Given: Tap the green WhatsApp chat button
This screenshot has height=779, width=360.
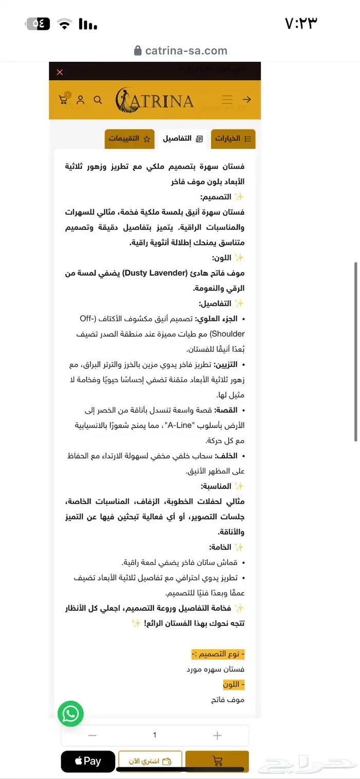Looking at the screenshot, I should click(x=70, y=714).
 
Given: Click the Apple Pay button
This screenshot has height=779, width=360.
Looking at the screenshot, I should click(x=88, y=762).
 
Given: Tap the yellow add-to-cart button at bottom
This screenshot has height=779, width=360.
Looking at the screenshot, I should click(x=217, y=762).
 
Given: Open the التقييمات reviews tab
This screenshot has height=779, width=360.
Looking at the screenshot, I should click(x=129, y=139).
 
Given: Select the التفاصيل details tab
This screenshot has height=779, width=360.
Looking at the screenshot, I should click(x=183, y=139).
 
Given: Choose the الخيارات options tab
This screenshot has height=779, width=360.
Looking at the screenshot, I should click(x=233, y=139).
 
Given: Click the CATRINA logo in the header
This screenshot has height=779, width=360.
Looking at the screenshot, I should click(x=154, y=100).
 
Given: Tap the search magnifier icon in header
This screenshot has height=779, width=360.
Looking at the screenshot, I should click(x=98, y=100).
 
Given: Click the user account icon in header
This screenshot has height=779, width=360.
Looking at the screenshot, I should click(x=81, y=100).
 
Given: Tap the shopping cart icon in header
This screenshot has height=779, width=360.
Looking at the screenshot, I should click(x=64, y=99).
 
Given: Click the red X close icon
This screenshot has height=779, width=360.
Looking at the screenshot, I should click(x=60, y=72).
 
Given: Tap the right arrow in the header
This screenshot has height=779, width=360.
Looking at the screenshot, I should click(x=247, y=99).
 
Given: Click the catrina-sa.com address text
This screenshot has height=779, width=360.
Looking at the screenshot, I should click(x=186, y=50).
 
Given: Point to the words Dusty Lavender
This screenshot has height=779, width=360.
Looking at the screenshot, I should click(x=157, y=273).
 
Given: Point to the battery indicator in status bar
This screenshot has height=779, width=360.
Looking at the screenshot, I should click(x=38, y=24).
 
